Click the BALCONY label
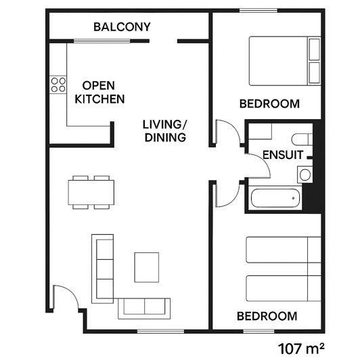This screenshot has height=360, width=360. tap(122, 27)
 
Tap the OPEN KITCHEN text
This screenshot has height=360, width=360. tap(99, 93)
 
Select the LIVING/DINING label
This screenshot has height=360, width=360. tap(164, 131)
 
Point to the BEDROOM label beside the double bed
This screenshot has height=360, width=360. tap(269, 104)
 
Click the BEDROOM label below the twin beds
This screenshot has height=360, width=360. tap(267, 316)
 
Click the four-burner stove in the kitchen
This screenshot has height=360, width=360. tap(58, 85)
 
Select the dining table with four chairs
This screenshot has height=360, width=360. tap(91, 192)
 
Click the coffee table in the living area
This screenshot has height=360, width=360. tap(148, 267)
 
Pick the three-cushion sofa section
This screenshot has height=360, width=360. tap(103, 267)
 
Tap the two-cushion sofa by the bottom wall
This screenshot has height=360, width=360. tap(145, 307)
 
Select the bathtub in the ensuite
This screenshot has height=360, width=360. tap(275, 199)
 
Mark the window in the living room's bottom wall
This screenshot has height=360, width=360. tap(160, 331)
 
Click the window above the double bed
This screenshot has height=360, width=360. tap(258, 11)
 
